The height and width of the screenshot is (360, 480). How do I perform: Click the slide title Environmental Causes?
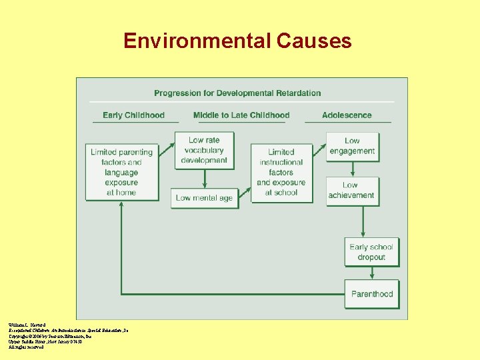click(237, 41)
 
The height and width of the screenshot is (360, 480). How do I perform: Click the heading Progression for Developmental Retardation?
click(237, 93)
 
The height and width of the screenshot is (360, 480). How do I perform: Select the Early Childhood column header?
click(133, 115)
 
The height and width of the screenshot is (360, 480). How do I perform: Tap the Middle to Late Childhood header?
click(241, 115)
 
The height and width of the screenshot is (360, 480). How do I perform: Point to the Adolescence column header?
click(347, 115)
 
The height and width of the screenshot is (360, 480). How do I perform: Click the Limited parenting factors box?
click(121, 172)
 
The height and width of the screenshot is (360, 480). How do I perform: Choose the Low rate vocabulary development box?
click(204, 150)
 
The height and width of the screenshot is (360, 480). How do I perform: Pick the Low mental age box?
click(204, 198)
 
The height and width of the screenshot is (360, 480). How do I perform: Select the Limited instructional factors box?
click(281, 172)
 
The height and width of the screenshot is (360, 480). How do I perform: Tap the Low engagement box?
click(352, 146)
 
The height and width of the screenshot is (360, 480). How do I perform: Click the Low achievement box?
click(351, 190)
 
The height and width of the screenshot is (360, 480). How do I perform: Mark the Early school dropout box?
click(371, 252)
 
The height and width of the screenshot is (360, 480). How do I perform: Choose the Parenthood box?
click(372, 294)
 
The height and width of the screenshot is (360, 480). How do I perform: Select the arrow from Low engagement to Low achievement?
click(352, 169)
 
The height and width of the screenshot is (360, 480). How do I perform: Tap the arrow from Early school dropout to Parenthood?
click(371, 273)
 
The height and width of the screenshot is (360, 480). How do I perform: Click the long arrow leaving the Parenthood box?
click(233, 293)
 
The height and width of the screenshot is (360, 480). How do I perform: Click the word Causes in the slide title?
click(312, 41)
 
